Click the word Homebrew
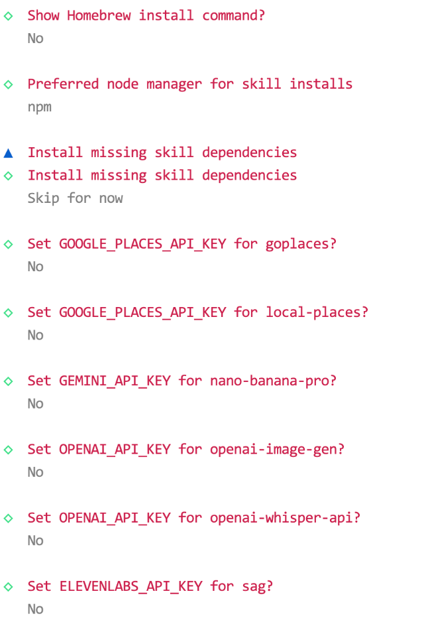(x=99, y=15)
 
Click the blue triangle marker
(x=8, y=153)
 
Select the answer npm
(x=39, y=107)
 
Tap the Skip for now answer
(x=75, y=198)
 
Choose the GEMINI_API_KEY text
(x=115, y=381)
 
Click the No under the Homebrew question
(x=35, y=38)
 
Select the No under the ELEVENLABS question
(x=35, y=609)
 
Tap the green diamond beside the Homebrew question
(x=8, y=15)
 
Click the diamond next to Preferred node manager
(x=8, y=84)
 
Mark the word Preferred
(x=63, y=84)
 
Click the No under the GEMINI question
(x=35, y=404)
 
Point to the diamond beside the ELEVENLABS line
(x=8, y=587)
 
